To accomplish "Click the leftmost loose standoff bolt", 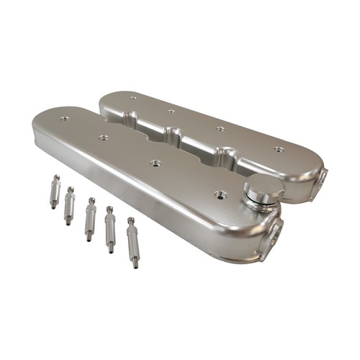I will coord(54,192).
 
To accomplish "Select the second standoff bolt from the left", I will coord(69,206).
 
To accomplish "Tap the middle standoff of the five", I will coord(89,219).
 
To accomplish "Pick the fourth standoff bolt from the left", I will coord(110,228).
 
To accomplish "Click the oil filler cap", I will coord(257,192).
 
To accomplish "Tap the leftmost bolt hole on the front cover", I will coord(64,118).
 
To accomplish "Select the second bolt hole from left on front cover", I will coord(104,137).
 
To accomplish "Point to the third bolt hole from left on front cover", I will coord(154,163).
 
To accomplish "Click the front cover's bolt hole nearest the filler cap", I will coord(219,194).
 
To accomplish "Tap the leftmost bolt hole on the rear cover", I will coord(132,96).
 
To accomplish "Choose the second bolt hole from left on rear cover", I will coord(171,111).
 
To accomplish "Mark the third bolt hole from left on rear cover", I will coord(220,129).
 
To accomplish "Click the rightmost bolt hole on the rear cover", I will coord(278,150).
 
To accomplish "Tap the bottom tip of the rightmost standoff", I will coord(135,266).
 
